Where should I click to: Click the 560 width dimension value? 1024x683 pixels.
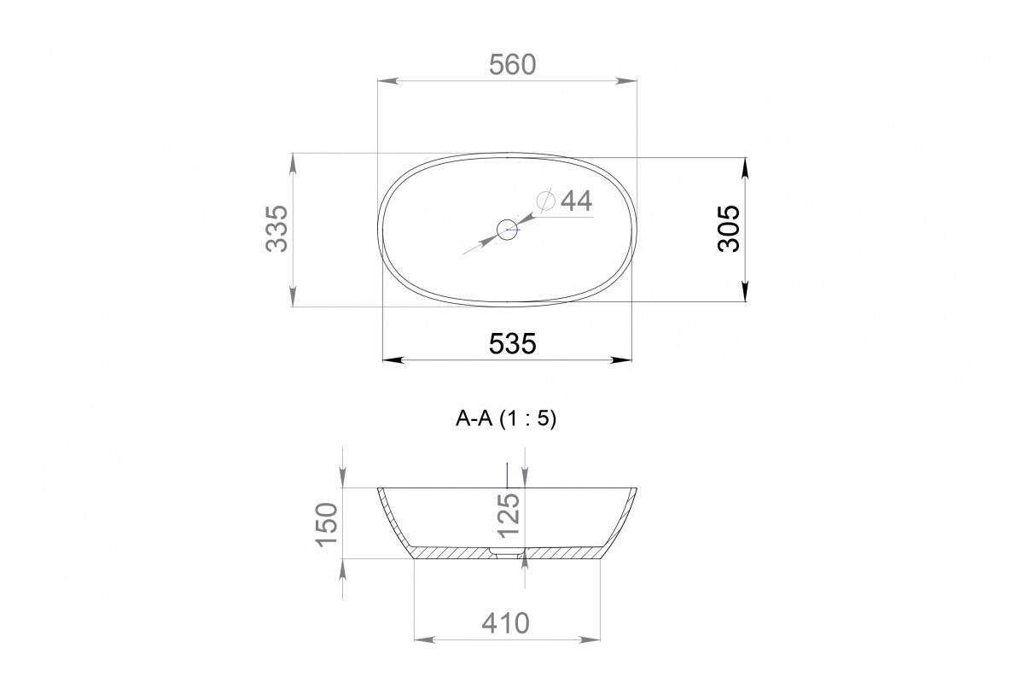pyautogui.click(x=512, y=65)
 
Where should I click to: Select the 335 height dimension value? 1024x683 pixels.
pyautogui.click(x=277, y=229)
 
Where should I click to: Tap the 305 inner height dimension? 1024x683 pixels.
pyautogui.click(x=728, y=229)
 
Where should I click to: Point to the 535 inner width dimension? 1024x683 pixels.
pyautogui.click(x=512, y=344)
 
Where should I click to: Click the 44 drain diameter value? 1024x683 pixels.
pyautogui.click(x=577, y=201)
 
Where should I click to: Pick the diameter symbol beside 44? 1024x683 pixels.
pyautogui.click(x=546, y=201)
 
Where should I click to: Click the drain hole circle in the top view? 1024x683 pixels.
pyautogui.click(x=508, y=230)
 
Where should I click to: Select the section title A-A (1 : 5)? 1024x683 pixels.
pyautogui.click(x=505, y=418)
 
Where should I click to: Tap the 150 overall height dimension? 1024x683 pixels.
pyautogui.click(x=326, y=524)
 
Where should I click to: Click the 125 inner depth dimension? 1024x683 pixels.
pyautogui.click(x=509, y=516)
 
